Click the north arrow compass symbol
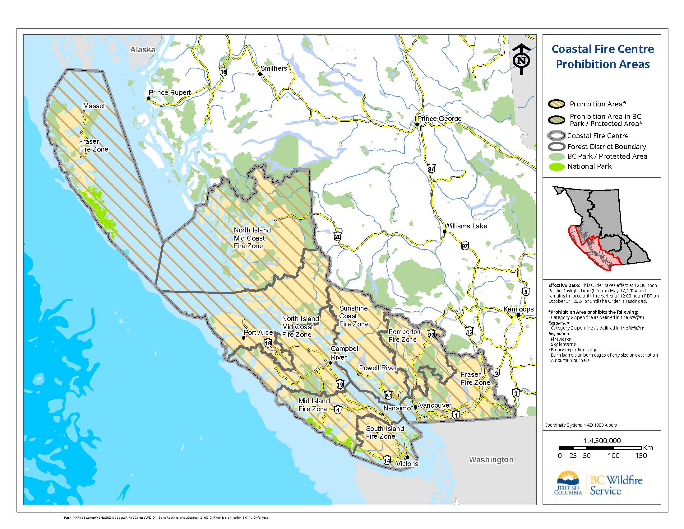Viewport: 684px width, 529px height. [521, 59]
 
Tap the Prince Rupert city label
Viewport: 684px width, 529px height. [169, 93]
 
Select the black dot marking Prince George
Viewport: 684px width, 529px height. [417, 124]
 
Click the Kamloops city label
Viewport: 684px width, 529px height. [518, 309]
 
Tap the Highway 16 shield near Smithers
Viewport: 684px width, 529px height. [223, 72]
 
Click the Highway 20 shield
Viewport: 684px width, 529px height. [337, 236]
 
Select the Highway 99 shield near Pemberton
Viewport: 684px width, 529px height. [431, 335]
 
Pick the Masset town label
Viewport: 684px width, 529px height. [94, 106]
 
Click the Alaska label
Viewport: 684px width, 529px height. [142, 49]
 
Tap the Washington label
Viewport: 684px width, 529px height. [491, 460]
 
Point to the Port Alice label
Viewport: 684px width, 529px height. [258, 333]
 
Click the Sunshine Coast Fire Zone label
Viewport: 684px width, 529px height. [354, 316]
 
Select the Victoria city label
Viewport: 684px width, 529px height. [407, 464]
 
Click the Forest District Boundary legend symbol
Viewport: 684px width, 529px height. [557, 147]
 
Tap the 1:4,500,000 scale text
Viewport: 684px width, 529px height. [602, 441]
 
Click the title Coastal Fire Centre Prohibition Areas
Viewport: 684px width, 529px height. [603, 56]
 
